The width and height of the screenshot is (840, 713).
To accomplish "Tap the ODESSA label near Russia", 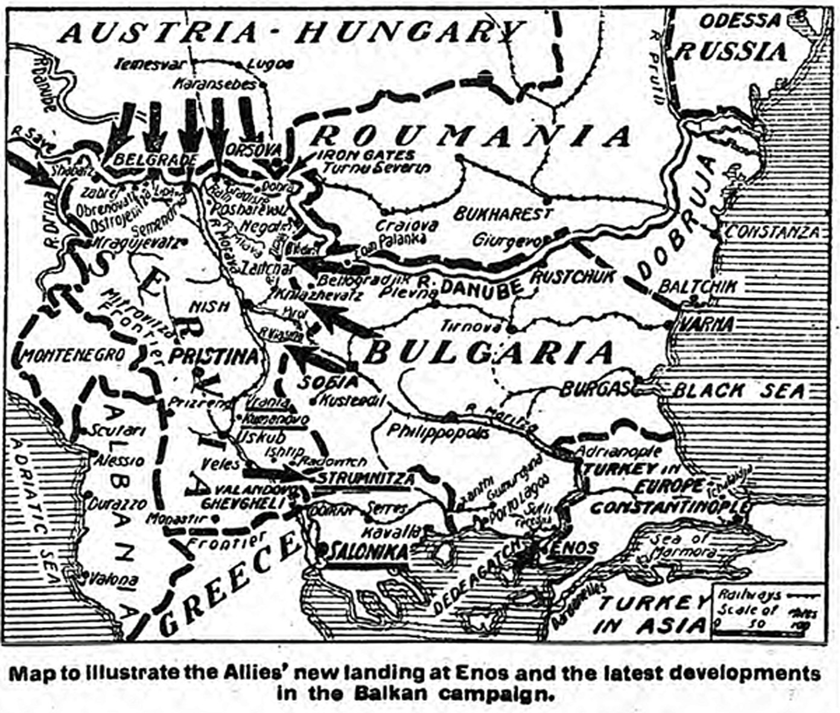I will [x=740, y=21].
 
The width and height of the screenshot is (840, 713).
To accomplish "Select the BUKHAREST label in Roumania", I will [x=503, y=213].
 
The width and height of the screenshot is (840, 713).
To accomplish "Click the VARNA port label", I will [x=707, y=324].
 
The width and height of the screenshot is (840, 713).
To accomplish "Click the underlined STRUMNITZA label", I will [x=366, y=479].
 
